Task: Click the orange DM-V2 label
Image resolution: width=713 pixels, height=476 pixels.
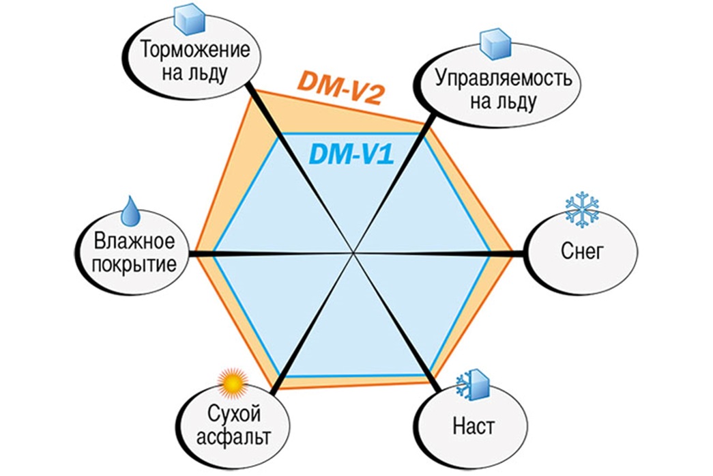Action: tap(342, 87)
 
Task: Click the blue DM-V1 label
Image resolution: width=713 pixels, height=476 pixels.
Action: tap(351, 154)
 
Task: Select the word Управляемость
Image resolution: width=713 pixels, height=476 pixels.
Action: tap(504, 79)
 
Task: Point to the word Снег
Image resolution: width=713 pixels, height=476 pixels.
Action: tap(582, 250)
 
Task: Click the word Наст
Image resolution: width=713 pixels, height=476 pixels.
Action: tap(474, 426)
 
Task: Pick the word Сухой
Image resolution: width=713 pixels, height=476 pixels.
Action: tap(234, 414)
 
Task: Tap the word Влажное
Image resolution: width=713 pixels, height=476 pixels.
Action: tap(134, 241)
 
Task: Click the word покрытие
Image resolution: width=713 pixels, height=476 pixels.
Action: tap(134, 264)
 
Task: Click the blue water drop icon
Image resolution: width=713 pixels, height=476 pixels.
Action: tap(131, 211)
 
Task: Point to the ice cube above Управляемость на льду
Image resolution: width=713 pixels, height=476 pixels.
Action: tap(495, 44)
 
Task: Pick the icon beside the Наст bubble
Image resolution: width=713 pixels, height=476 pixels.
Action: tap(473, 384)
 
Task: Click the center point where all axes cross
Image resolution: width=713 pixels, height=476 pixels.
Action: tap(353, 253)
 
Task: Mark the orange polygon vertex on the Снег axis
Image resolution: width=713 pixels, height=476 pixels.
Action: tap(513, 254)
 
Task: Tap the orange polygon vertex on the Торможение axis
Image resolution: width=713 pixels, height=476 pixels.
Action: tap(254, 89)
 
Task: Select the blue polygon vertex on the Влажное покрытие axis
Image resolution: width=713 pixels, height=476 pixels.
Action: tap(214, 253)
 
